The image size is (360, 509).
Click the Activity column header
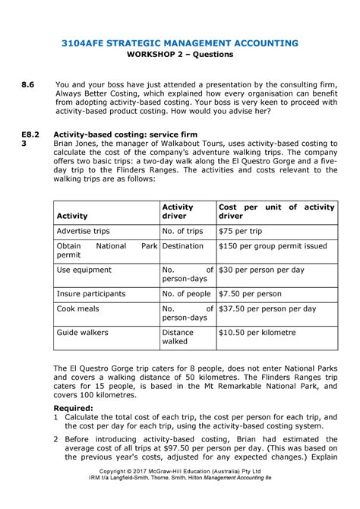[72, 217]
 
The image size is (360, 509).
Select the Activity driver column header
[178, 211]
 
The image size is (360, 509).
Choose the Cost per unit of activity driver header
[276, 211]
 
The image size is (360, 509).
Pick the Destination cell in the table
[182, 246]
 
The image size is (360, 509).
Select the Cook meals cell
[77, 309]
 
